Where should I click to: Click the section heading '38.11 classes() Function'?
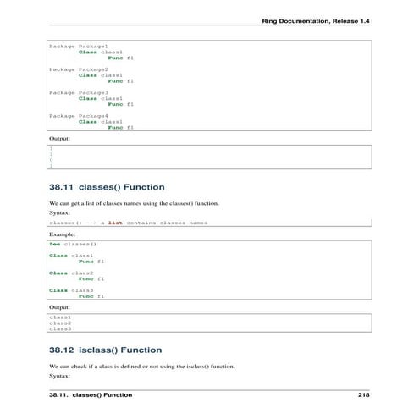tap(107, 186)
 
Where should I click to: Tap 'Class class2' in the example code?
tap(70, 273)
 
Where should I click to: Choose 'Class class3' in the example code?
tap(70, 289)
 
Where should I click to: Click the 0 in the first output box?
tap(51, 159)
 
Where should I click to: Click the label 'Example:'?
tap(62, 233)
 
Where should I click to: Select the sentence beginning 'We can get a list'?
tap(134, 204)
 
